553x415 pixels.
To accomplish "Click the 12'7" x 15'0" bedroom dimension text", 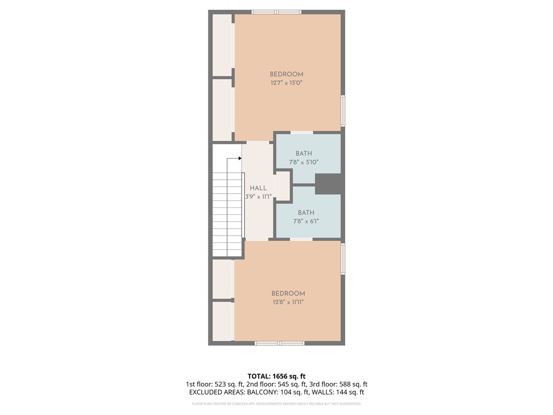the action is (x=286, y=83).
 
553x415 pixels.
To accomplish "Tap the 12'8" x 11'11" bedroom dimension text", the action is (x=288, y=302).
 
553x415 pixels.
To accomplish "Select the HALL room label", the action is (x=258, y=188).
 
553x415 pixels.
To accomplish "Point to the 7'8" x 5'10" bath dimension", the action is (x=304, y=162).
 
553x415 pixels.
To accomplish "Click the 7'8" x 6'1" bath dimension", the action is (x=306, y=221).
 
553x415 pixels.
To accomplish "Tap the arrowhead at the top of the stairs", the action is (x=240, y=158).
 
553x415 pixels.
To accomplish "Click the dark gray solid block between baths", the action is (x=328, y=184).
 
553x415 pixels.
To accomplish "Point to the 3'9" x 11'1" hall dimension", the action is (x=258, y=196).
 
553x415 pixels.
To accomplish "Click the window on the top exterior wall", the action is (x=276, y=12).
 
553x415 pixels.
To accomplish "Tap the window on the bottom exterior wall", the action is (x=279, y=343).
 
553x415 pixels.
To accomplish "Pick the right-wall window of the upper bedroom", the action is (x=343, y=111).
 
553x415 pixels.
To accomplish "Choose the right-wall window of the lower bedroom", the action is (x=343, y=259).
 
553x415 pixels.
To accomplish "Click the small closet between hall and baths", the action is (x=283, y=186).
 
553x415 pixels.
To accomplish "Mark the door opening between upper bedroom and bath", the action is (x=302, y=132).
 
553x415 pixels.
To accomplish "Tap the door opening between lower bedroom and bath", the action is (x=301, y=239).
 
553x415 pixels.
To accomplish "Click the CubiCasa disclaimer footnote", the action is (x=276, y=403).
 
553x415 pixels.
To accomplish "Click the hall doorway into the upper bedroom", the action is (x=258, y=142).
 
